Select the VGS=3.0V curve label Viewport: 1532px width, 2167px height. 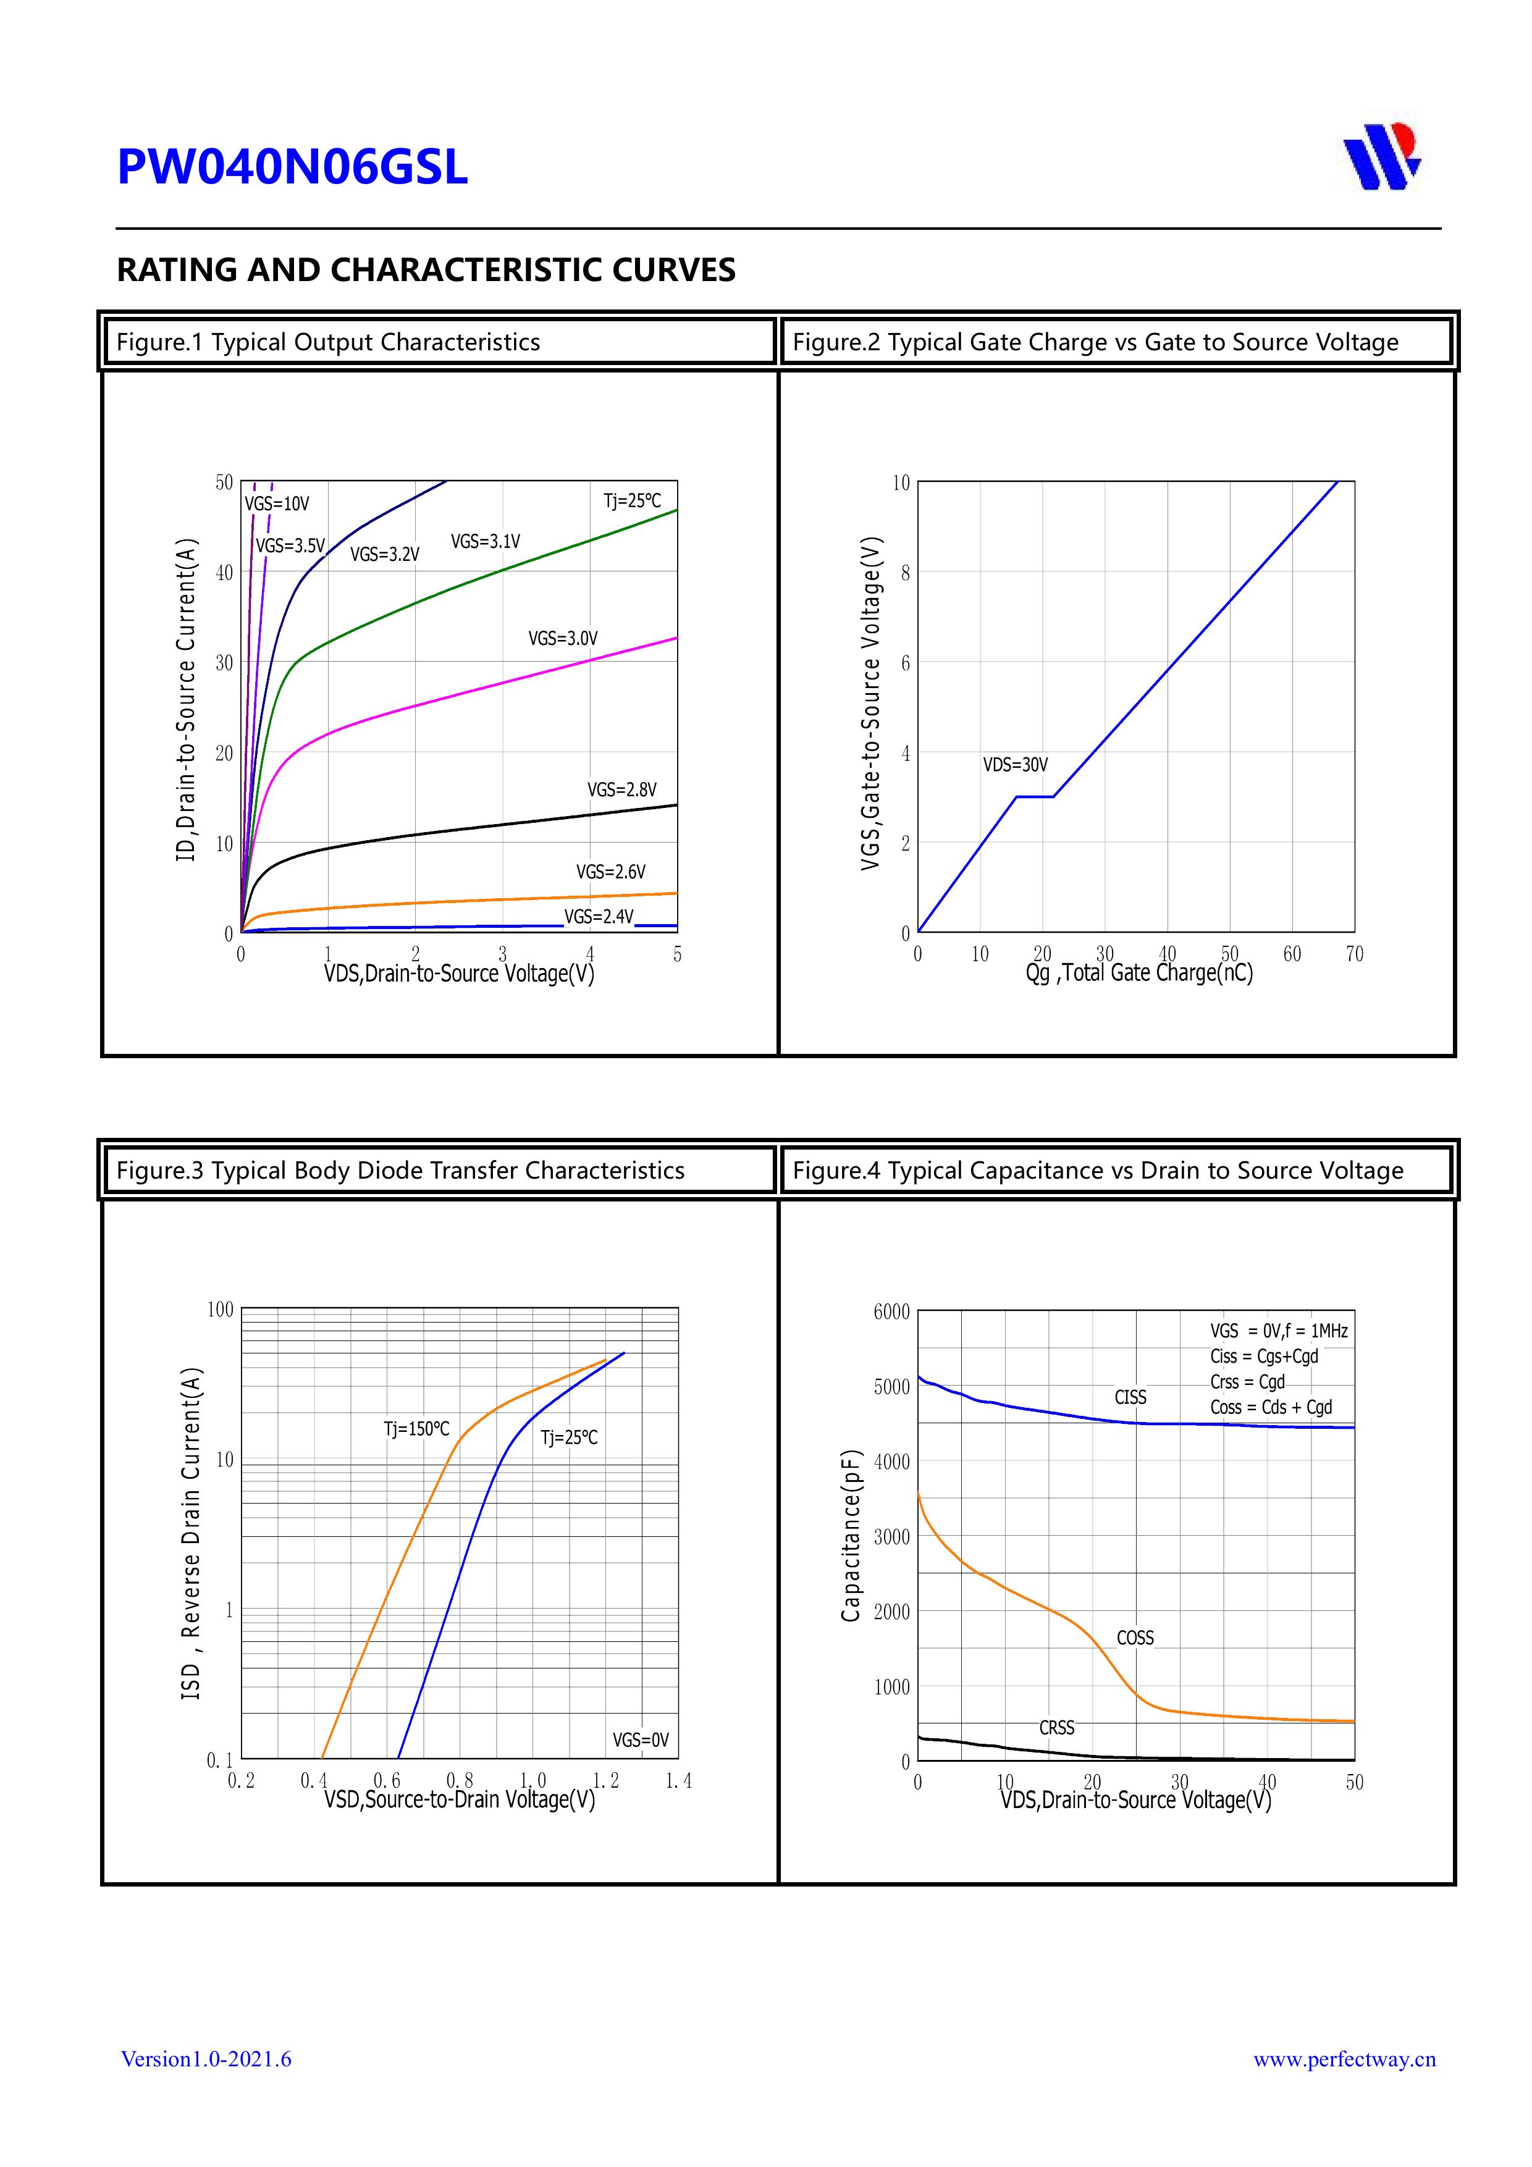(563, 639)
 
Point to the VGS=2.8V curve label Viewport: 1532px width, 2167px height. (621, 790)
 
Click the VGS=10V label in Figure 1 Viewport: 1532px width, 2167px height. (277, 504)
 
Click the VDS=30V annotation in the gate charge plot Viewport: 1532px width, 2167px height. (1015, 765)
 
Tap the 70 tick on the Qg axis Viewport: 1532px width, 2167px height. (1353, 954)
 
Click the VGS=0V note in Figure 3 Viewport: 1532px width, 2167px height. (640, 1740)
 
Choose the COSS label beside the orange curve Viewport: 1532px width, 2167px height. (1135, 1638)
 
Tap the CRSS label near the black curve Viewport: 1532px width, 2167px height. (1056, 1727)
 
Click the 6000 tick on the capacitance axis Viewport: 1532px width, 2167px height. (891, 1312)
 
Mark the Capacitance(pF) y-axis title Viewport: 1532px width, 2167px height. (851, 1536)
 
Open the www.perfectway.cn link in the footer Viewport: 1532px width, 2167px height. (1343, 2058)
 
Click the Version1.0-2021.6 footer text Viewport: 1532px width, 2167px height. (206, 2058)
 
